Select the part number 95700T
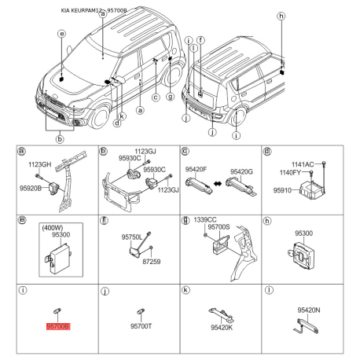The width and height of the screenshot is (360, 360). (141, 325)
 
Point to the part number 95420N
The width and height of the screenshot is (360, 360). (308, 310)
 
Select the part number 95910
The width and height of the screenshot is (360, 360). (285, 190)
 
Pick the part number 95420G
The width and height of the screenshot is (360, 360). (241, 170)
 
